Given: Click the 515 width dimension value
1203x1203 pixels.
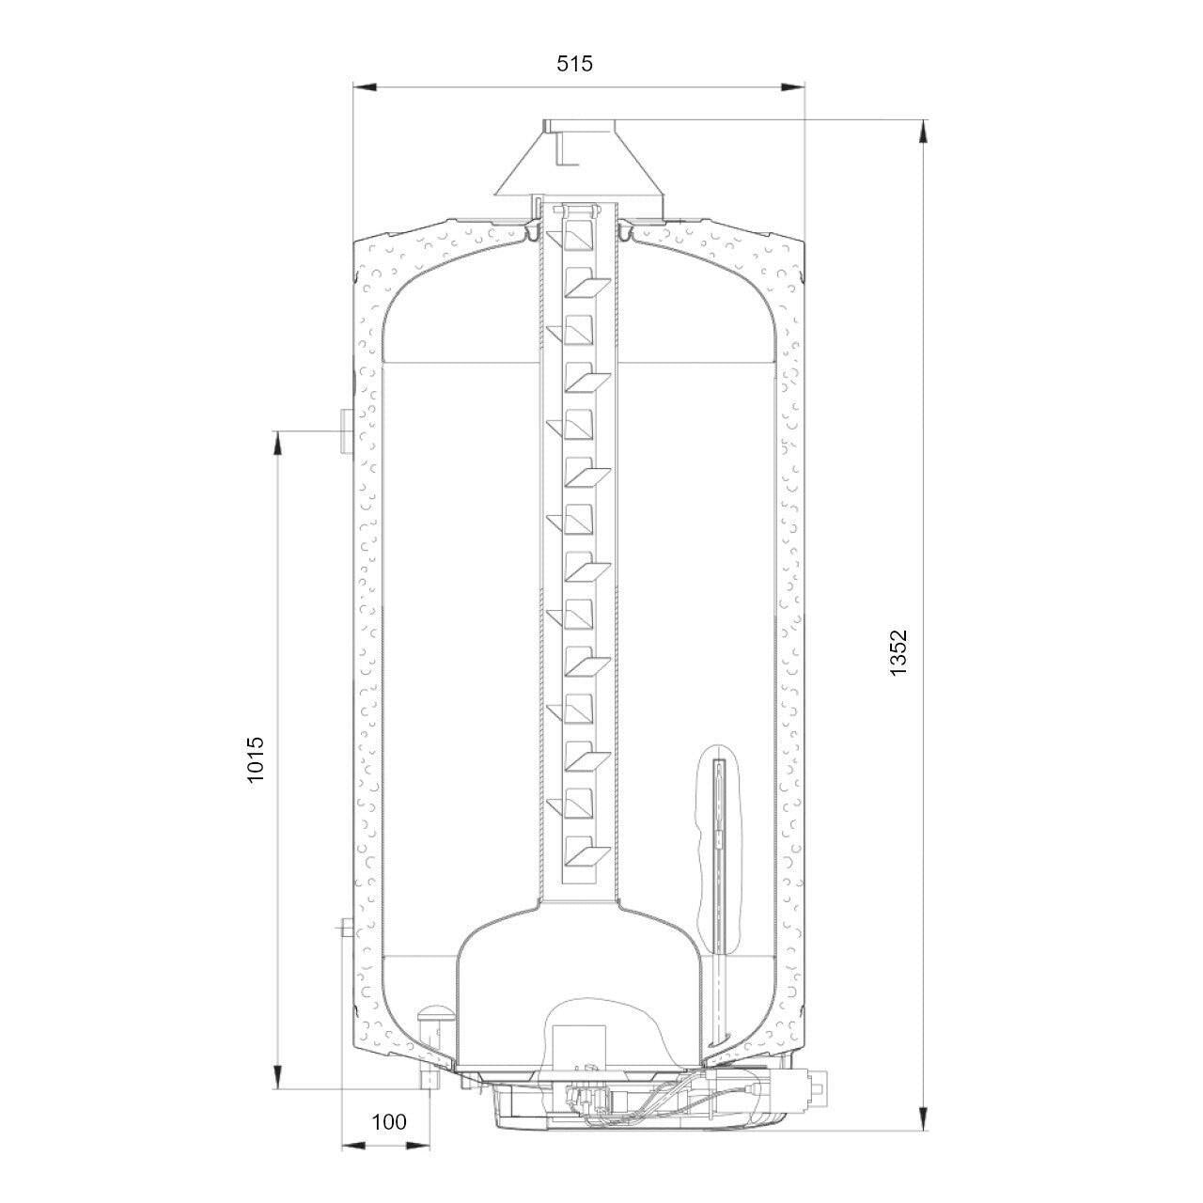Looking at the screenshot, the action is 573,63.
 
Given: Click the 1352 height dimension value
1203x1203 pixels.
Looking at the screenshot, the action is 898,652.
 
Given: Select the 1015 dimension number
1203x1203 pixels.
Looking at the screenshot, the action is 256,759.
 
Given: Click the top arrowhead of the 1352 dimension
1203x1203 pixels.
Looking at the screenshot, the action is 923,132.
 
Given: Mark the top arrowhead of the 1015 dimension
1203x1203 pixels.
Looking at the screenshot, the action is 278,444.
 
